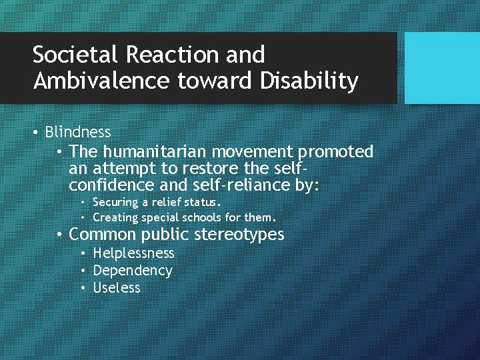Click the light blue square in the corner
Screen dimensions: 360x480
442,68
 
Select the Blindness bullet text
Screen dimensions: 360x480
78,132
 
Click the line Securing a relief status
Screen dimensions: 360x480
157,202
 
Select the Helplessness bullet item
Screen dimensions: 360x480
133,253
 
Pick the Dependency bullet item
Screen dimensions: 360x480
133,271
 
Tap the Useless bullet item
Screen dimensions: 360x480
117,288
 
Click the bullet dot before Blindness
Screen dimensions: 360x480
35,133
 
